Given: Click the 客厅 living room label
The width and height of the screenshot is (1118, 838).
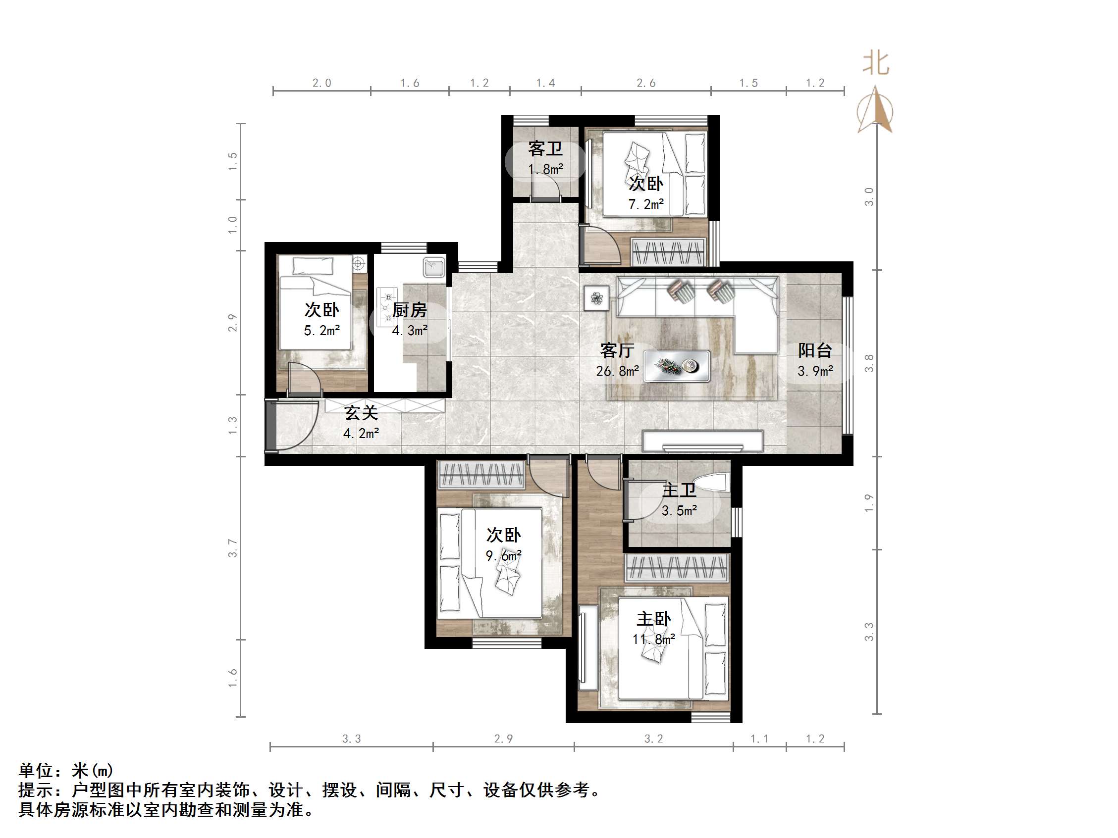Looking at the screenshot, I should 617,350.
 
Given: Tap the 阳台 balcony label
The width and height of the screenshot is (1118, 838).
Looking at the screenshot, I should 815,350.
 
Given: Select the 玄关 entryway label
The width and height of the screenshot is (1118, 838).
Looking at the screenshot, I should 361,413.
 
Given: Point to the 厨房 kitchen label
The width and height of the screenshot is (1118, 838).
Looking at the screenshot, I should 409,310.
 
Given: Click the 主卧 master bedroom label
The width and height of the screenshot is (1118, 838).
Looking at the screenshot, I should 653,619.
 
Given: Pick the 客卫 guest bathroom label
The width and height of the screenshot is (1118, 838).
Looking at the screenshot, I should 545,148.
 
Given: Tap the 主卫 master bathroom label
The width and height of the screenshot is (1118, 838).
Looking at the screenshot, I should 679,490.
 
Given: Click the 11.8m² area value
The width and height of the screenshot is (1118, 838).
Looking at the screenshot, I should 653,640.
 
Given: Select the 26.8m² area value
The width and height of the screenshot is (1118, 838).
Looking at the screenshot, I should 617,371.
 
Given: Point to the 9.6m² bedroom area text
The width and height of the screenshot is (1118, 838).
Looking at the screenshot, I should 503,556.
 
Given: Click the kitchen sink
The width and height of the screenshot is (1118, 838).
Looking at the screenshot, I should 433,267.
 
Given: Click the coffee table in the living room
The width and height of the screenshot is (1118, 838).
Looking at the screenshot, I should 677,366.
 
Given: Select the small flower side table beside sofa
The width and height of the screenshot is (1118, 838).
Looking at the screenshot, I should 596,298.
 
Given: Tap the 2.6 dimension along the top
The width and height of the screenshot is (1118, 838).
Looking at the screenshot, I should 646,83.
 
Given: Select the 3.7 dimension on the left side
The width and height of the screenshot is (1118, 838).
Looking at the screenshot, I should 232,547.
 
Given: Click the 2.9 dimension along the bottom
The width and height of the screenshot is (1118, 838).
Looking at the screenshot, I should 503,739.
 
